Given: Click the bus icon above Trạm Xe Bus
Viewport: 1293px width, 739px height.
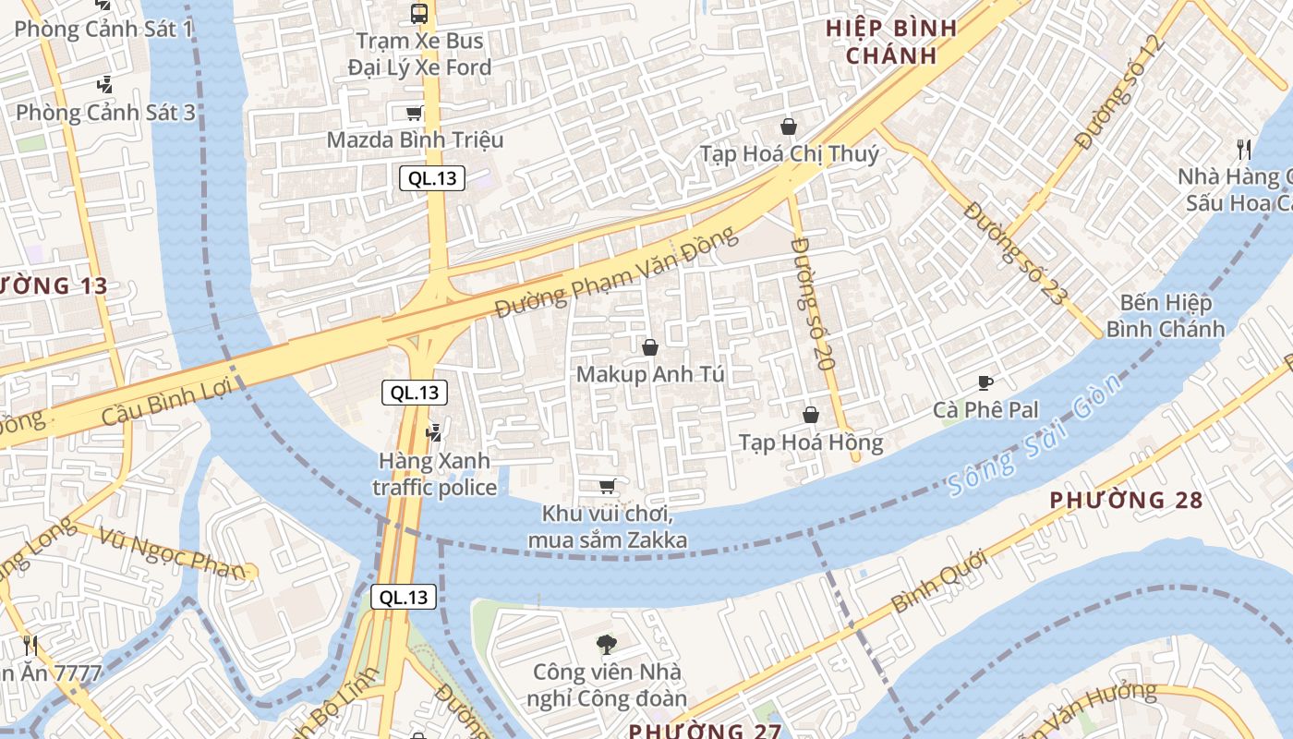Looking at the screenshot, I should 418,14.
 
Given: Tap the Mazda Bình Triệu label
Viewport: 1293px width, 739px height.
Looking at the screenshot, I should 416,140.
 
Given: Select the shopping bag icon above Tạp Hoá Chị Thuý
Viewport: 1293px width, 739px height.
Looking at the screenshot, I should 789,127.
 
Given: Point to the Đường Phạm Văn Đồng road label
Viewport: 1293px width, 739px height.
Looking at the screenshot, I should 616,273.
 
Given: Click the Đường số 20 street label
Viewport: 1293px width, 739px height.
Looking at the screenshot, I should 813,303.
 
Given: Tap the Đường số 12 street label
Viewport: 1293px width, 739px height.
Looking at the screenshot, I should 1116,92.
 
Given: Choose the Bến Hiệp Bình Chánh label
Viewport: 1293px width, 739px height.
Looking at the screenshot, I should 1166,316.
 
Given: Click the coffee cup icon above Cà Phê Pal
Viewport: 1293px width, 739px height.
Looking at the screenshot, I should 985,382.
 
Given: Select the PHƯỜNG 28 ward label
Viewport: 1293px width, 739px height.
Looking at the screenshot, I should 1126,501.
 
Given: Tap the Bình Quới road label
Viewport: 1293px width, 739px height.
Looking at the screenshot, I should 940,581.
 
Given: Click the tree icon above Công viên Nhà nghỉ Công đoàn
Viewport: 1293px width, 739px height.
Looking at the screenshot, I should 607,644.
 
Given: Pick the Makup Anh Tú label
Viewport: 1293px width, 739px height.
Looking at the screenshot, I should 650,375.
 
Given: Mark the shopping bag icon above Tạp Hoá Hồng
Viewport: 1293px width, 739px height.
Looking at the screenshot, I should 811,416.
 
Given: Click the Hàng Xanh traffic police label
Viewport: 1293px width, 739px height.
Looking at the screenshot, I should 434,474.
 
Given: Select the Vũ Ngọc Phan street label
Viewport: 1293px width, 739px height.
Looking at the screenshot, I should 173,551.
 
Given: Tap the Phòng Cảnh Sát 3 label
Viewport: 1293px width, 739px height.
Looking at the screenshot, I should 105,113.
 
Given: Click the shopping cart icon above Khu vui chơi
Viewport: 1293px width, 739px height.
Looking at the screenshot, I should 607,486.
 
